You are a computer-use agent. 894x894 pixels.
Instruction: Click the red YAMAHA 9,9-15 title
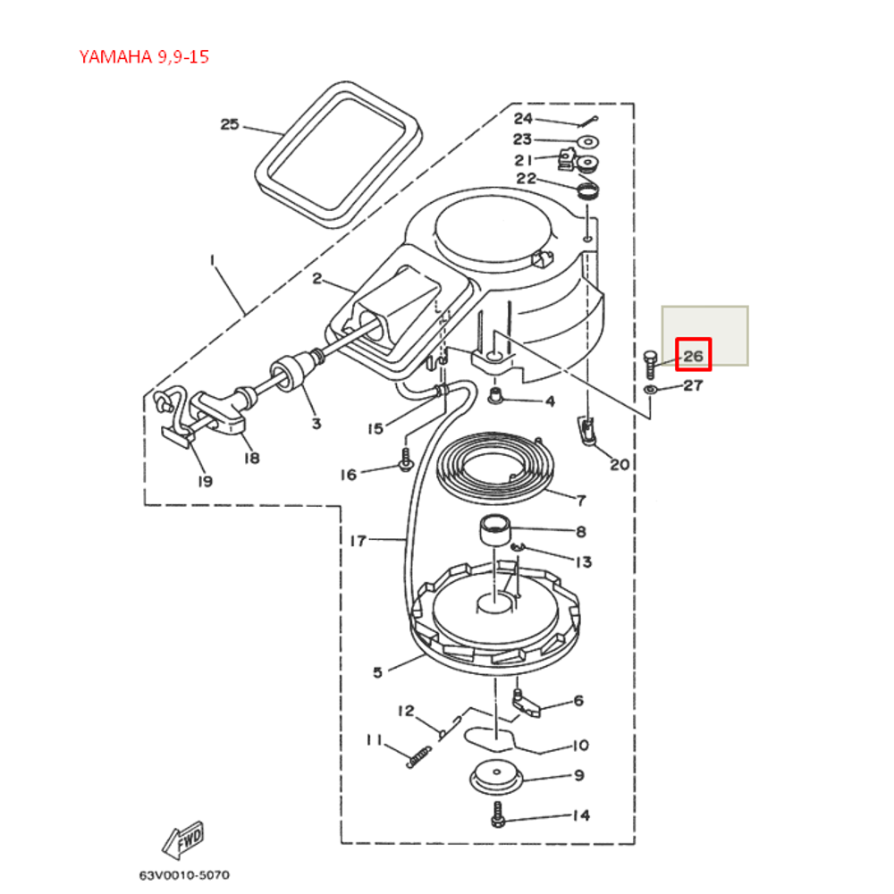pyautogui.click(x=144, y=58)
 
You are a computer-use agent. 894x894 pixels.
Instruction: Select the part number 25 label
pyautogui.click(x=230, y=124)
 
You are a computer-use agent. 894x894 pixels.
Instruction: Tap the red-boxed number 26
pyautogui.click(x=693, y=356)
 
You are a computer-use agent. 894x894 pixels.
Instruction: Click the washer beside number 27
pyautogui.click(x=650, y=391)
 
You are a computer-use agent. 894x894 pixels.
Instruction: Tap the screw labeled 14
pyautogui.click(x=499, y=814)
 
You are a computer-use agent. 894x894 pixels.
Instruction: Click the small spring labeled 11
pyautogui.click(x=417, y=757)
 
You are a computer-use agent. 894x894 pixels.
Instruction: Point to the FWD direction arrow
pyautogui.click(x=183, y=839)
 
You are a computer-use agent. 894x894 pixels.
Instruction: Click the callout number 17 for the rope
pyautogui.click(x=358, y=540)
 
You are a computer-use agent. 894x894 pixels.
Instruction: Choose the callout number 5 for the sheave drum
pyautogui.click(x=377, y=672)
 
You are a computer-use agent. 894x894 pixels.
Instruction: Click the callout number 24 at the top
pyautogui.click(x=522, y=118)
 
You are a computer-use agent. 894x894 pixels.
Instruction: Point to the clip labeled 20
pyautogui.click(x=587, y=432)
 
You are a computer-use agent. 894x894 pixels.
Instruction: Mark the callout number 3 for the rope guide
pyautogui.click(x=316, y=423)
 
